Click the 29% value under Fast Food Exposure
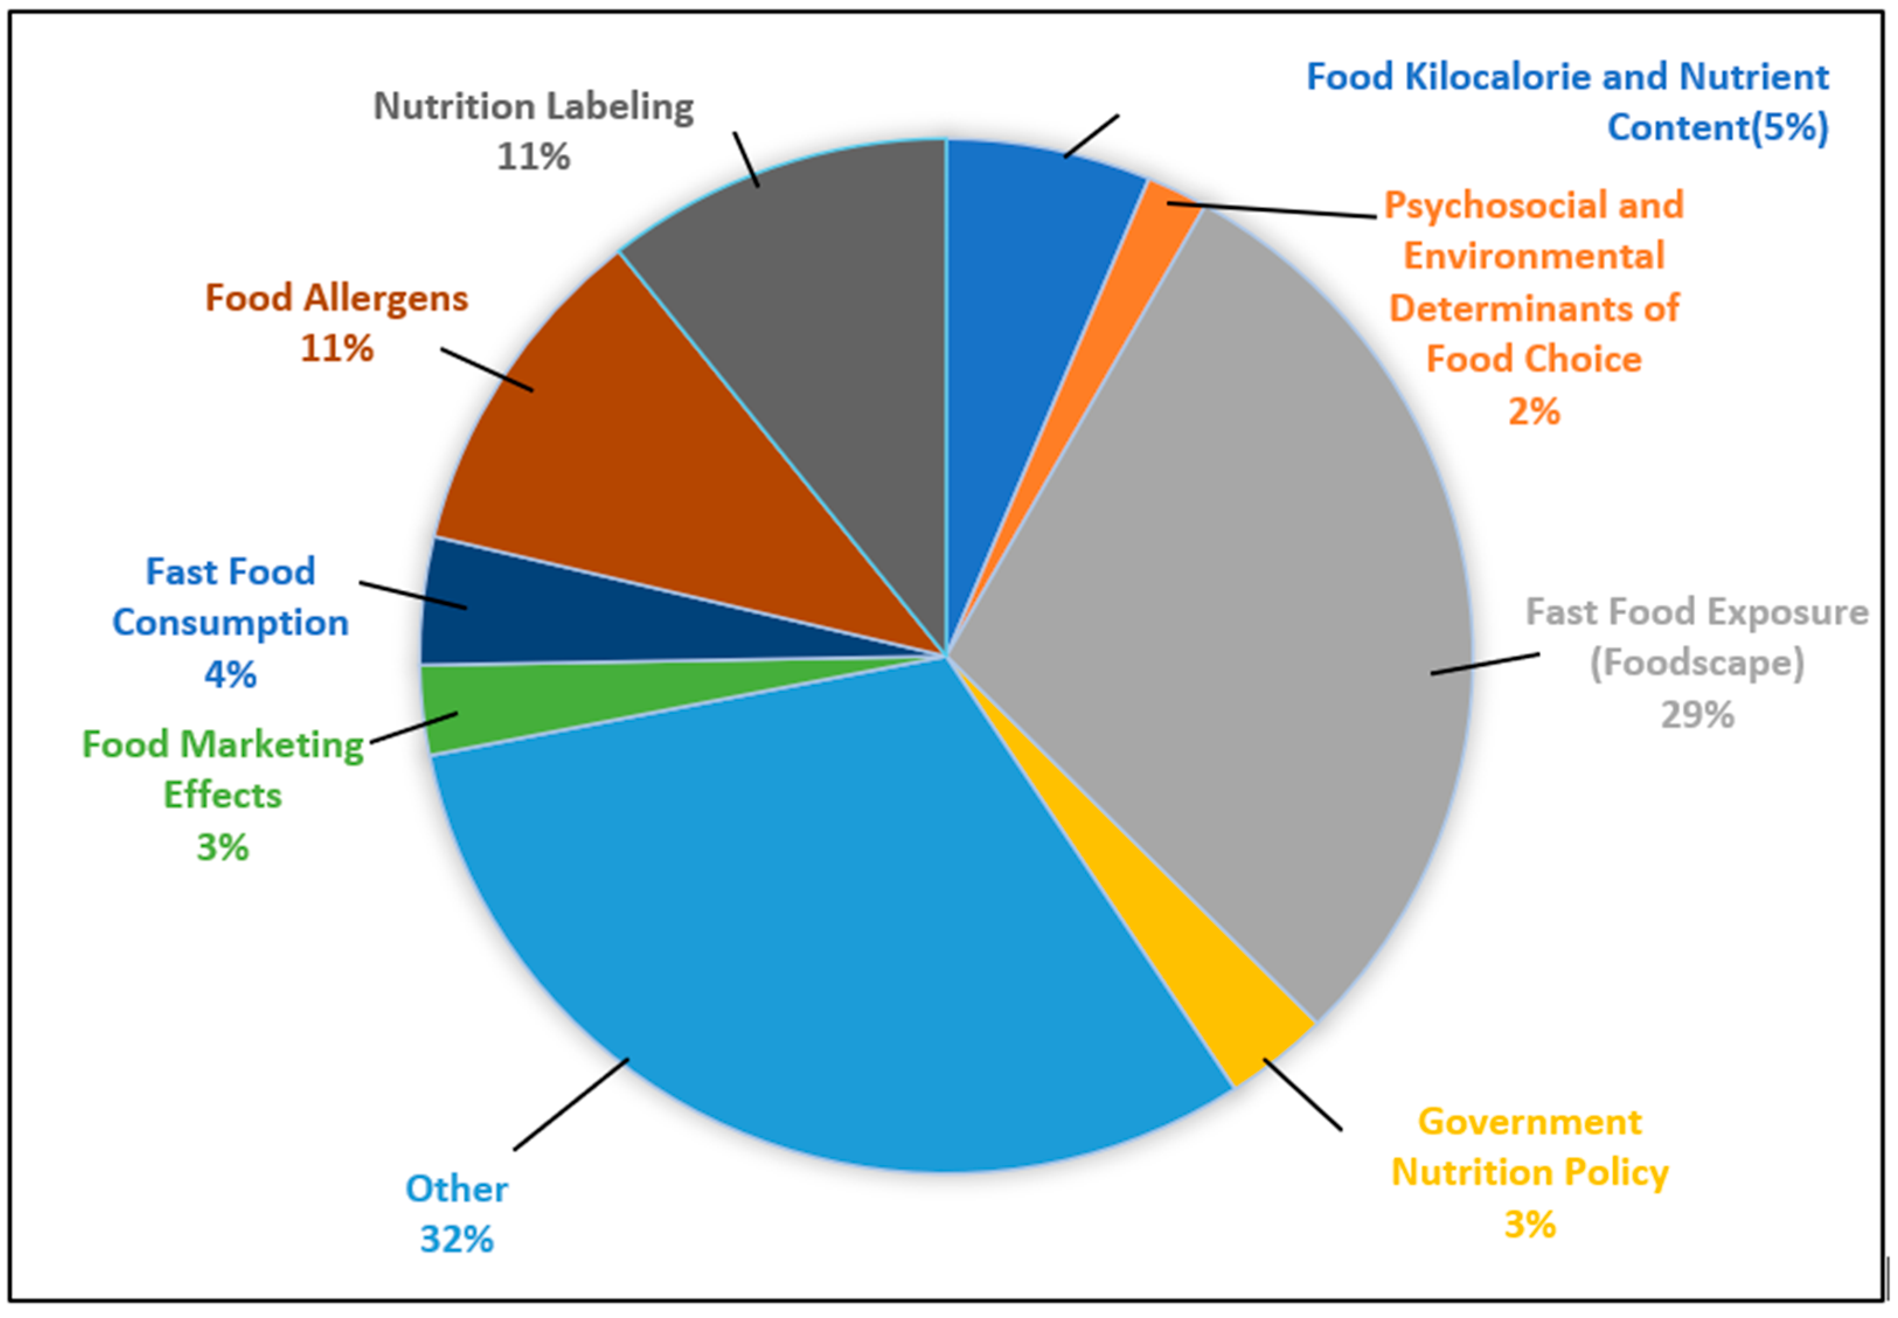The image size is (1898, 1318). [1697, 714]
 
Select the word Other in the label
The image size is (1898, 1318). [456, 1189]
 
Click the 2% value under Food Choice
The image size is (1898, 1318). [1534, 410]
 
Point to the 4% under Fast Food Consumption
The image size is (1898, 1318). [231, 675]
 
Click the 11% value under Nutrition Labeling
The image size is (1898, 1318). [533, 156]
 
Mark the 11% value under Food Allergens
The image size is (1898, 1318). [336, 348]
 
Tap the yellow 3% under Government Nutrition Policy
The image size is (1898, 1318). [1529, 1224]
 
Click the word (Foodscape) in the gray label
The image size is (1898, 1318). [1697, 663]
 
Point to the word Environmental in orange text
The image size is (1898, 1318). [1534, 256]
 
